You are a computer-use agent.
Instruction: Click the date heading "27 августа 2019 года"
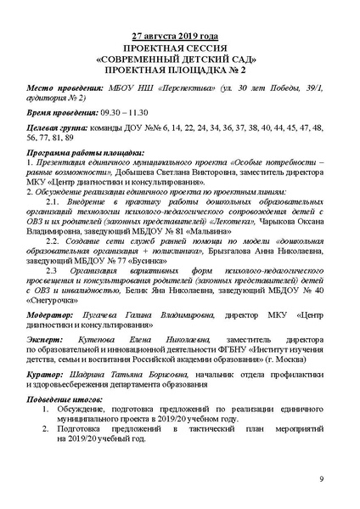pyautogui.click(x=180, y=37)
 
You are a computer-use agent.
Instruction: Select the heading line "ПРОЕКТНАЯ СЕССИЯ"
pyautogui.click(x=180, y=48)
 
